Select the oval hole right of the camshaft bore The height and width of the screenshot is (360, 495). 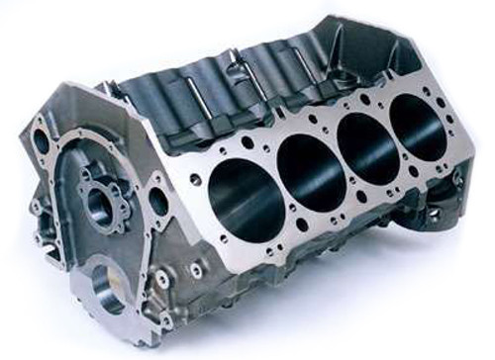pos(158,204)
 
